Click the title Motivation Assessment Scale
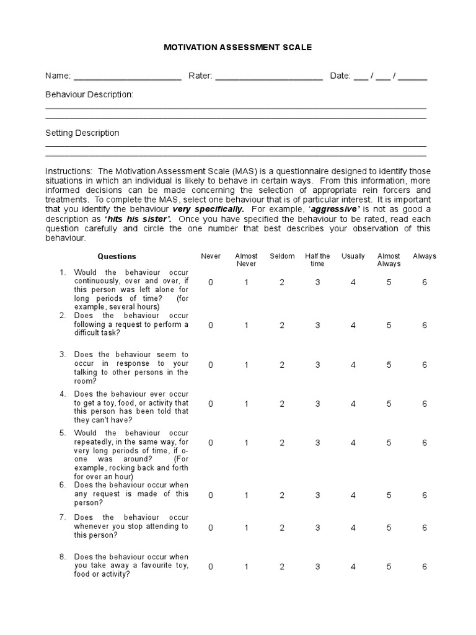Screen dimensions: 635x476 pos(237,47)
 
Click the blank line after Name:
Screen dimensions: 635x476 pos(127,78)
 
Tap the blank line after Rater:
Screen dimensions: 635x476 pos(269,78)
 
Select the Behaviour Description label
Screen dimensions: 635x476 pos(89,94)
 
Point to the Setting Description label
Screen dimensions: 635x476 pos(82,133)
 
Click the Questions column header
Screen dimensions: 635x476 pos(117,256)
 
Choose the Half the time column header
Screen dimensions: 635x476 pos(317,260)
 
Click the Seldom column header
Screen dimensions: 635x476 pos(282,256)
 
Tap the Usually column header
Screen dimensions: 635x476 pos(353,256)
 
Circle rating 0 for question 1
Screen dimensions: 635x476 pos(211,282)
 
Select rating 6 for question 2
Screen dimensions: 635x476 pos(425,325)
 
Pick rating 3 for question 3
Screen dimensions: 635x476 pos(317,365)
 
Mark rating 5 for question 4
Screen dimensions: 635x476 pos(389,404)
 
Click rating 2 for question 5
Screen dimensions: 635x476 pos(282,443)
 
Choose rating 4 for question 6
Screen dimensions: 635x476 pos(353,495)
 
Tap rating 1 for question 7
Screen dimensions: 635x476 pos(246,528)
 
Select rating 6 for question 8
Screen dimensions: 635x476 pos(425,567)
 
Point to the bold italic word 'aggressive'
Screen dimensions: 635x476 pos(335,210)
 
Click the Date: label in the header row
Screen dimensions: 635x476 pos(340,76)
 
